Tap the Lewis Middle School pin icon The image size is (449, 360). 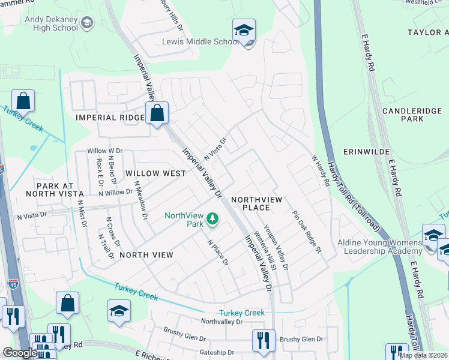244,31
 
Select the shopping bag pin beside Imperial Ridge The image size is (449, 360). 157,113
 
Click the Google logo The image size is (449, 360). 20,353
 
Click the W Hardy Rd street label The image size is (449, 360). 321,170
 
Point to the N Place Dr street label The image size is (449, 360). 218,253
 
